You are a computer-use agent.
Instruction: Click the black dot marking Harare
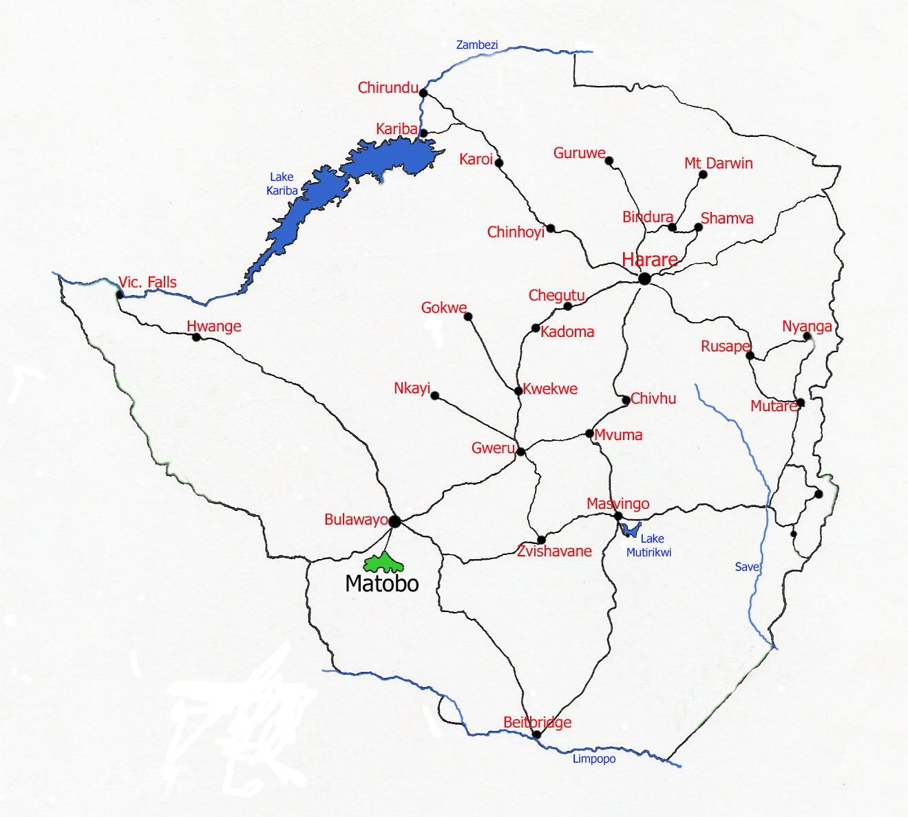click(644, 279)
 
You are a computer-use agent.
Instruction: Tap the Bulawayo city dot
click(394, 521)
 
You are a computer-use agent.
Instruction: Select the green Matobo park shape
click(383, 564)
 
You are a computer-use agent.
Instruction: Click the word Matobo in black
click(382, 584)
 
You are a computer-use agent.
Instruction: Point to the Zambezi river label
click(476, 45)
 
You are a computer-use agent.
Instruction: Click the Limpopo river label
click(594, 759)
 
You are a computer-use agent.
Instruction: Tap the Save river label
click(747, 567)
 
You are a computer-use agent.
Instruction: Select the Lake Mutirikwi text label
click(648, 545)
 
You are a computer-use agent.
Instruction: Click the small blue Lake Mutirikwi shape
click(630, 530)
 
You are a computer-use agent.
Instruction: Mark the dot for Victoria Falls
click(120, 294)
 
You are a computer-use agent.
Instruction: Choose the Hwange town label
click(214, 326)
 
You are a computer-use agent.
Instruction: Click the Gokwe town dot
click(468, 316)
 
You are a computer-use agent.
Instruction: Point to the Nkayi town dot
click(434, 395)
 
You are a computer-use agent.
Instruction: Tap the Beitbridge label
click(537, 722)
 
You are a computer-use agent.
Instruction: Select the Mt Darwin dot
click(703, 175)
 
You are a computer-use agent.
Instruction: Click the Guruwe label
click(579, 153)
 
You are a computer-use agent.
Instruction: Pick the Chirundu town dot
click(423, 93)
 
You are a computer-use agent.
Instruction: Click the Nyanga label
click(807, 326)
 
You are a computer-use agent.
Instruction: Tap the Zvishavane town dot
click(541, 540)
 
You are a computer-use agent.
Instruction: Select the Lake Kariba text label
click(282, 184)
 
